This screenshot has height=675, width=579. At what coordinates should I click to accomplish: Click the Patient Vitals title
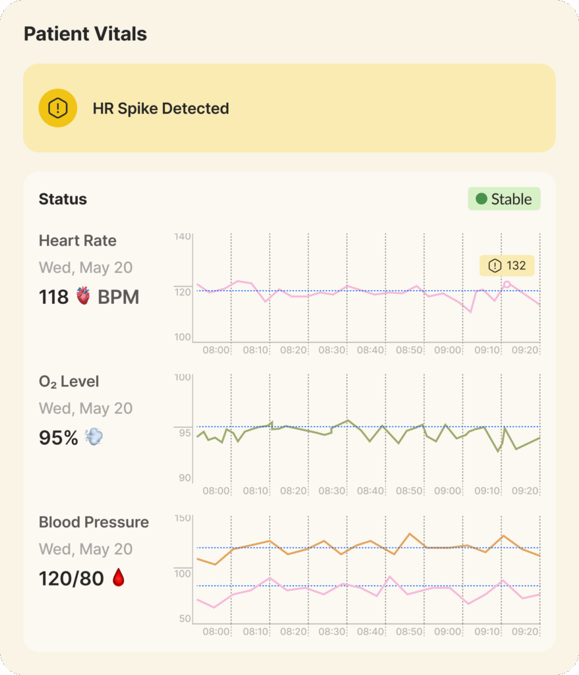click(x=85, y=34)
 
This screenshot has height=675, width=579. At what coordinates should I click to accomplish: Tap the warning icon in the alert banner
click(x=58, y=108)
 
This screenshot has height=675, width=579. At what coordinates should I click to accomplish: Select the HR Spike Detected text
click(x=161, y=109)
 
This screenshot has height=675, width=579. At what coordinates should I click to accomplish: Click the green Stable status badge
click(x=504, y=199)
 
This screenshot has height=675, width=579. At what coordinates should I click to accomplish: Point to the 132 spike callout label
click(x=507, y=266)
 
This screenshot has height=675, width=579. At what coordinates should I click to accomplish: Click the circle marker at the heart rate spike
click(x=506, y=285)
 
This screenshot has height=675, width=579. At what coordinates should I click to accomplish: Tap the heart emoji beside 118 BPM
click(x=83, y=297)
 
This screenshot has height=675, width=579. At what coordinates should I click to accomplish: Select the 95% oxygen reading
click(x=59, y=437)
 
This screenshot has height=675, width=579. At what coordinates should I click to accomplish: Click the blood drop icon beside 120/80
click(x=118, y=578)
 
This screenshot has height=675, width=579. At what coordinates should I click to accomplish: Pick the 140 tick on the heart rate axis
click(x=182, y=236)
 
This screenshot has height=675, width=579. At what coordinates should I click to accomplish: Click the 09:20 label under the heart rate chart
click(x=525, y=350)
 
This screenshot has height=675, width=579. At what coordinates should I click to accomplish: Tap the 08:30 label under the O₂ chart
click(x=332, y=491)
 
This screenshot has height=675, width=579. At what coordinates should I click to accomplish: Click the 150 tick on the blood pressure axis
click(x=182, y=518)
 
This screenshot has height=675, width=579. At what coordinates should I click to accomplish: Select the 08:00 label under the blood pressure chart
click(x=216, y=631)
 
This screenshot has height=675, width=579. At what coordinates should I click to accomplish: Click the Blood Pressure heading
click(x=94, y=522)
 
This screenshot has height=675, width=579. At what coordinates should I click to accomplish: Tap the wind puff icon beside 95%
click(x=94, y=437)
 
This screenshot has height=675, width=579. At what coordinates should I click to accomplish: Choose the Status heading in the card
click(x=63, y=199)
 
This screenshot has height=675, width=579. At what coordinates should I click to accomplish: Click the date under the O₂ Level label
click(x=86, y=408)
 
